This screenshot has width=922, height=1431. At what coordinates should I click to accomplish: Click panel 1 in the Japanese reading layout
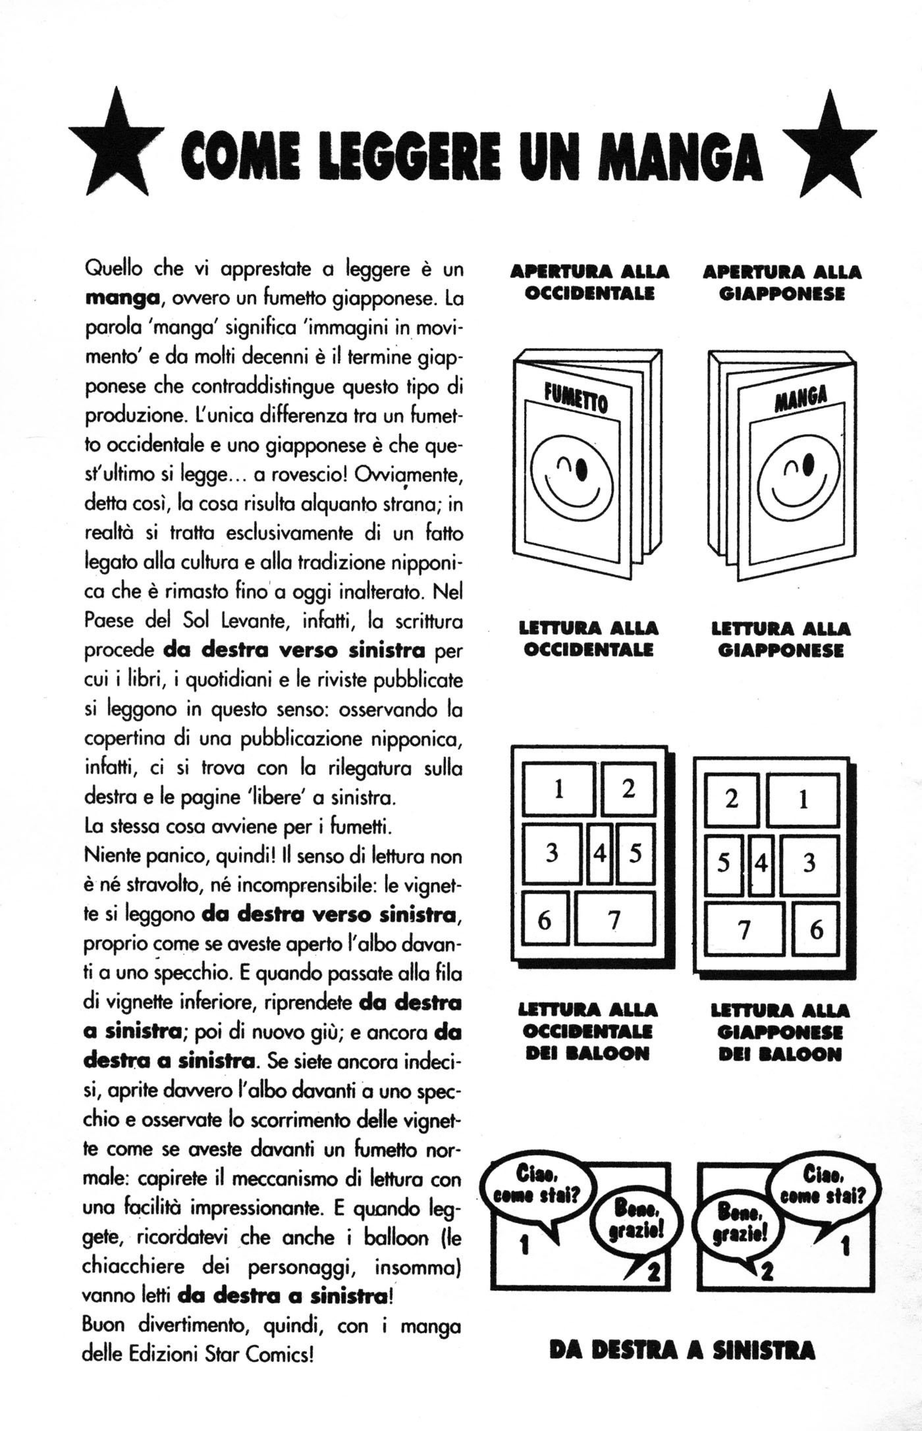(x=802, y=800)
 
